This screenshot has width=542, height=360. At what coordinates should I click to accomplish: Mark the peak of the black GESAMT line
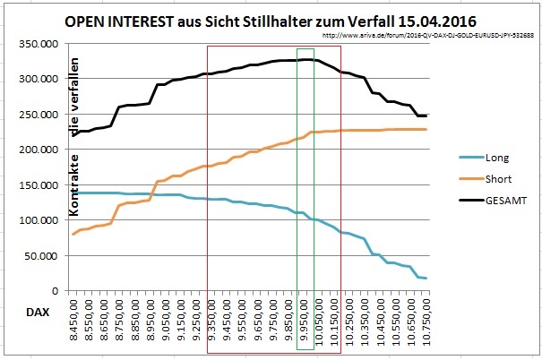point(305,59)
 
